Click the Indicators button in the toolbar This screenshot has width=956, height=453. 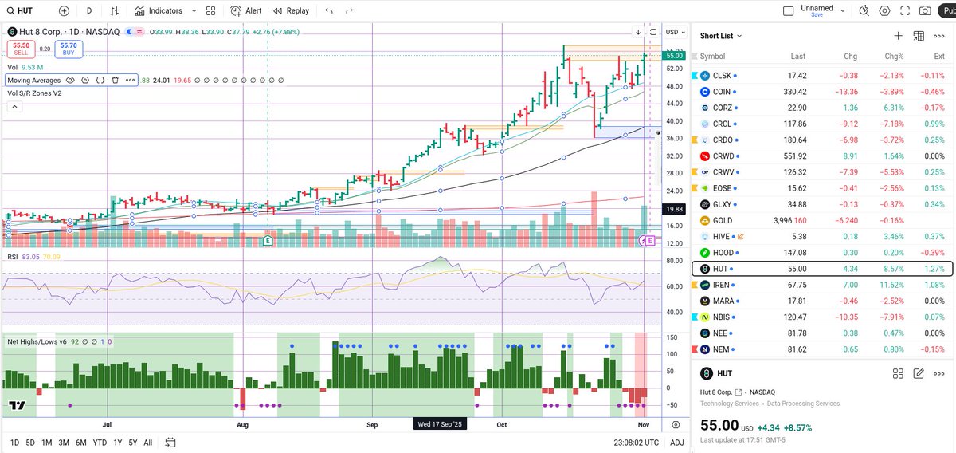pos(159,11)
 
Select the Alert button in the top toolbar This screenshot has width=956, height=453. pos(246,11)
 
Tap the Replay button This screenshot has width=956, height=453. pos(291,11)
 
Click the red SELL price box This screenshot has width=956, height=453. pos(21,49)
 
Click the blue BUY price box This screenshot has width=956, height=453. pos(69,49)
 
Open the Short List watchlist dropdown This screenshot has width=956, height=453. pos(720,36)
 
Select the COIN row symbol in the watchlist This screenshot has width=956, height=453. pos(722,92)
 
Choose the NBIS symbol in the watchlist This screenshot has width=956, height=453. pos(722,317)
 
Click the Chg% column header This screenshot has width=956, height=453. pos(893,57)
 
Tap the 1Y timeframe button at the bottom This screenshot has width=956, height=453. pos(118,443)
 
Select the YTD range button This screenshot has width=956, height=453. pos(100,443)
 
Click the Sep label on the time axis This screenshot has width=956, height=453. pos(372,425)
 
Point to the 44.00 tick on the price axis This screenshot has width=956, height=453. pos(674,104)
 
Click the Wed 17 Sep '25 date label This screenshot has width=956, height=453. pos(441,425)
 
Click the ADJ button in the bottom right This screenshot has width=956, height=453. pos(676,443)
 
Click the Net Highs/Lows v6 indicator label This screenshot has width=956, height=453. pos(37,341)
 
